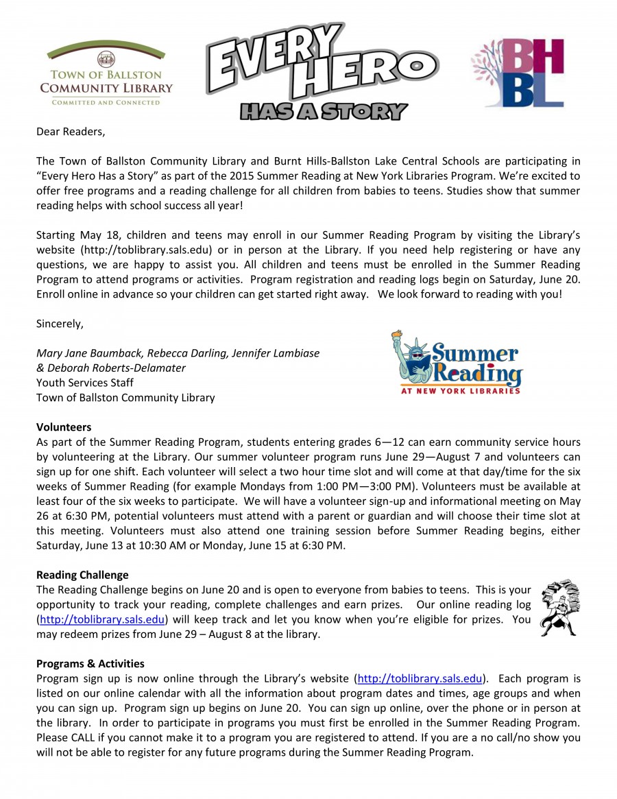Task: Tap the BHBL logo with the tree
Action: pos(518,73)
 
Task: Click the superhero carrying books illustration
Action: pos(559,608)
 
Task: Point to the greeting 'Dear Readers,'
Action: pos(71,131)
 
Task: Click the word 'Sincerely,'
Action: pos(60,324)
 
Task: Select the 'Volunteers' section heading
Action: pos(64,427)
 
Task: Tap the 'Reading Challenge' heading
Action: pos(82,575)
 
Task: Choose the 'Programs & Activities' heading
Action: pos(90,663)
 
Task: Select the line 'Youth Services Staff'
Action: pos(85,383)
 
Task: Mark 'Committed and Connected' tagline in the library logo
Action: pos(106,102)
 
